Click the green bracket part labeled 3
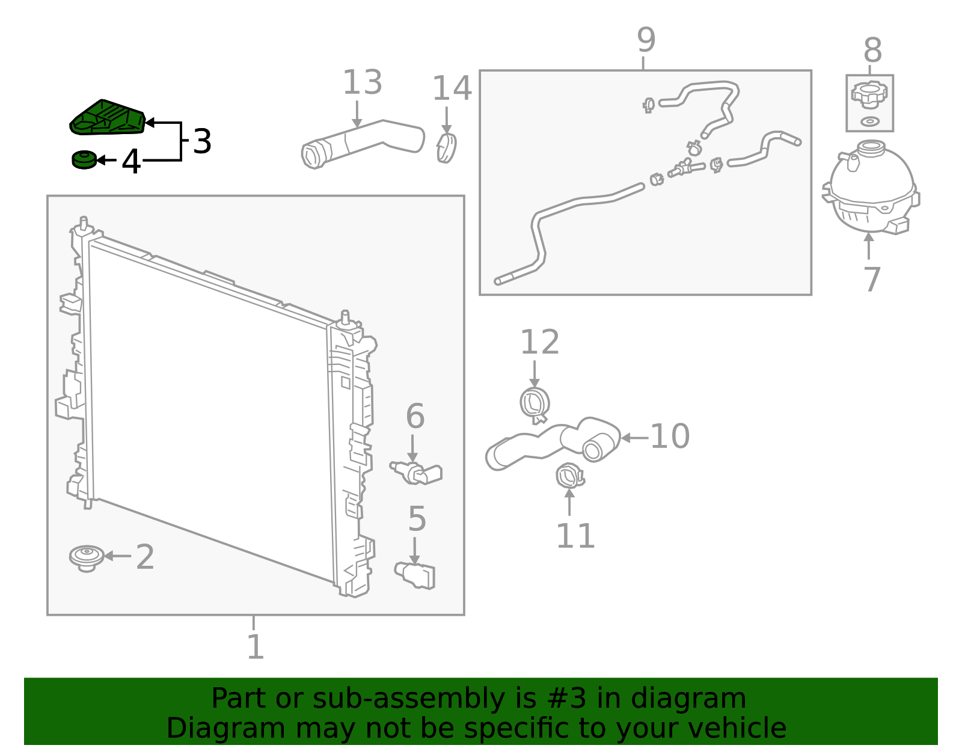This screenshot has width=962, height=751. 108,117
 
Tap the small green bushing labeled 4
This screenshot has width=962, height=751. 84,160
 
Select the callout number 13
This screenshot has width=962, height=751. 363,82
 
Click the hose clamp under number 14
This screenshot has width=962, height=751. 446,148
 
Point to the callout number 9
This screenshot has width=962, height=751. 646,40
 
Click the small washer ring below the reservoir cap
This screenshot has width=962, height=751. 870,121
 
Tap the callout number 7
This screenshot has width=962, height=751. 872,279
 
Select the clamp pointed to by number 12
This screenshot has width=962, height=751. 535,405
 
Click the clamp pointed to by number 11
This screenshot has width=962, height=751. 570,476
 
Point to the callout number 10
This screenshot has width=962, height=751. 670,437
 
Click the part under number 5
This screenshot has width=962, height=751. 415,575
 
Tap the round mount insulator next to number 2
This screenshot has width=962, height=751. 87,558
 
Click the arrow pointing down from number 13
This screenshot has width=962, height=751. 357,114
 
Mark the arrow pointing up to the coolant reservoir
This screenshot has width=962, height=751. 869,245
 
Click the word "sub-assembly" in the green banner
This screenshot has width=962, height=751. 409,698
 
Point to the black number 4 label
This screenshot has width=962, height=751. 131,161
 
